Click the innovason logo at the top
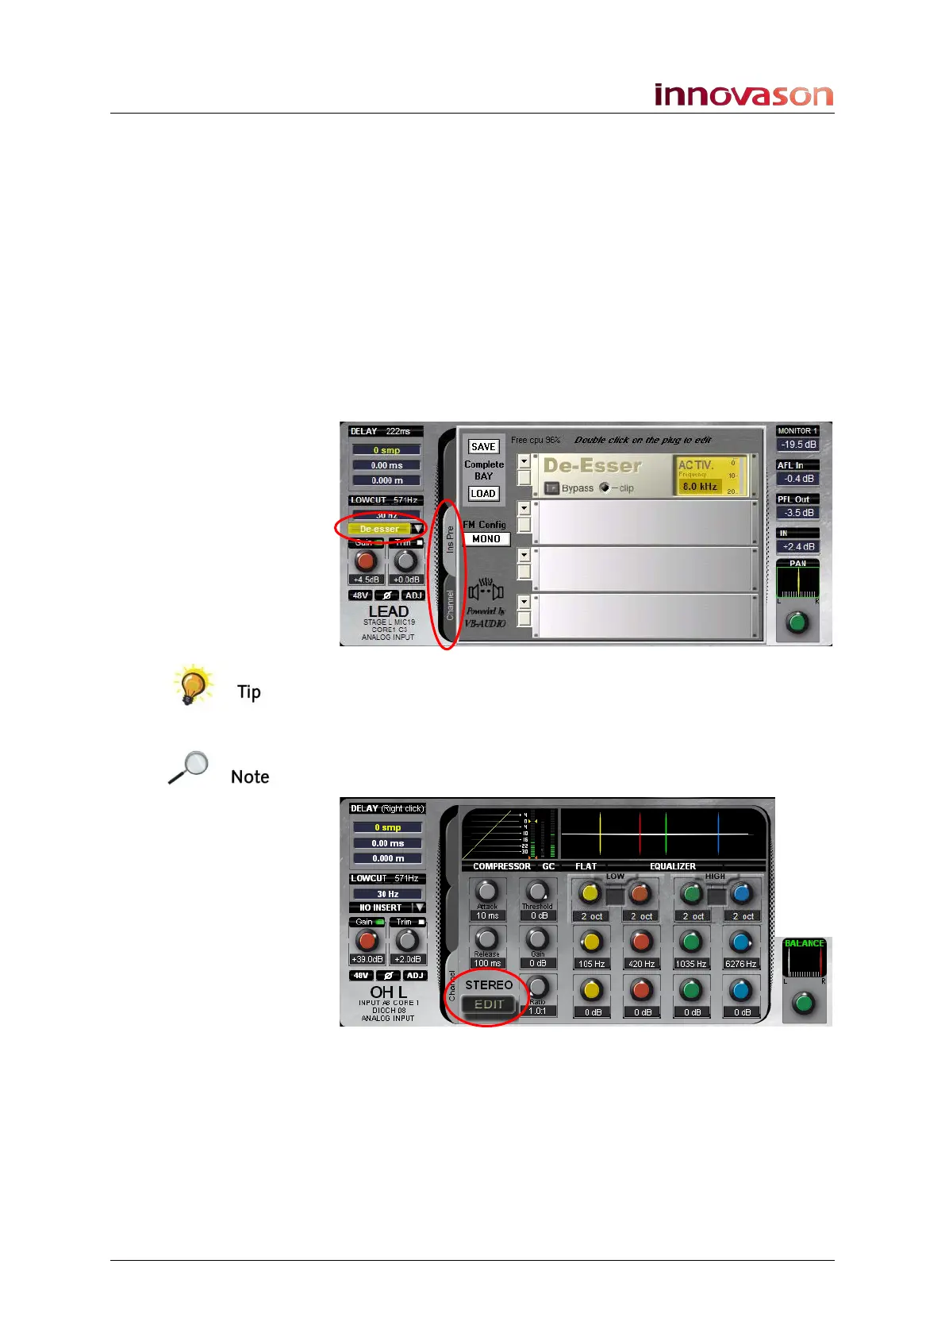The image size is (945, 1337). pyautogui.click(x=743, y=95)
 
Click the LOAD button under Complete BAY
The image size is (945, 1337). pyautogui.click(x=483, y=494)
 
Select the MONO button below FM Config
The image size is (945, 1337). pyautogui.click(x=486, y=539)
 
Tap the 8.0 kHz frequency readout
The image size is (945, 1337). pyautogui.click(x=700, y=487)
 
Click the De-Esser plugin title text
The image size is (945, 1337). pyautogui.click(x=592, y=466)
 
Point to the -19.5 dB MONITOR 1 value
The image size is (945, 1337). pyautogui.click(x=798, y=445)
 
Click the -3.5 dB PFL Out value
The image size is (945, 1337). pyautogui.click(x=798, y=513)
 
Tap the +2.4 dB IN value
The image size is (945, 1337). pyautogui.click(x=798, y=547)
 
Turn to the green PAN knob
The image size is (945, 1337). pyautogui.click(x=797, y=622)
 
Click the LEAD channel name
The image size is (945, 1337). pyautogui.click(x=388, y=611)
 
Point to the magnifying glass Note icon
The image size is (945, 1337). pyautogui.click(x=189, y=767)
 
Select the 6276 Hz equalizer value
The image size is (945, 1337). pyautogui.click(x=740, y=964)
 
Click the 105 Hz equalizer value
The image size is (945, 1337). pyautogui.click(x=591, y=964)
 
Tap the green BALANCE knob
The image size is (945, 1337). pyautogui.click(x=804, y=1003)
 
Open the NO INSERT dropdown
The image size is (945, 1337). pyautogui.click(x=387, y=907)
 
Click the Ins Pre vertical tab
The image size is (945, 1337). pyautogui.click(x=450, y=539)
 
